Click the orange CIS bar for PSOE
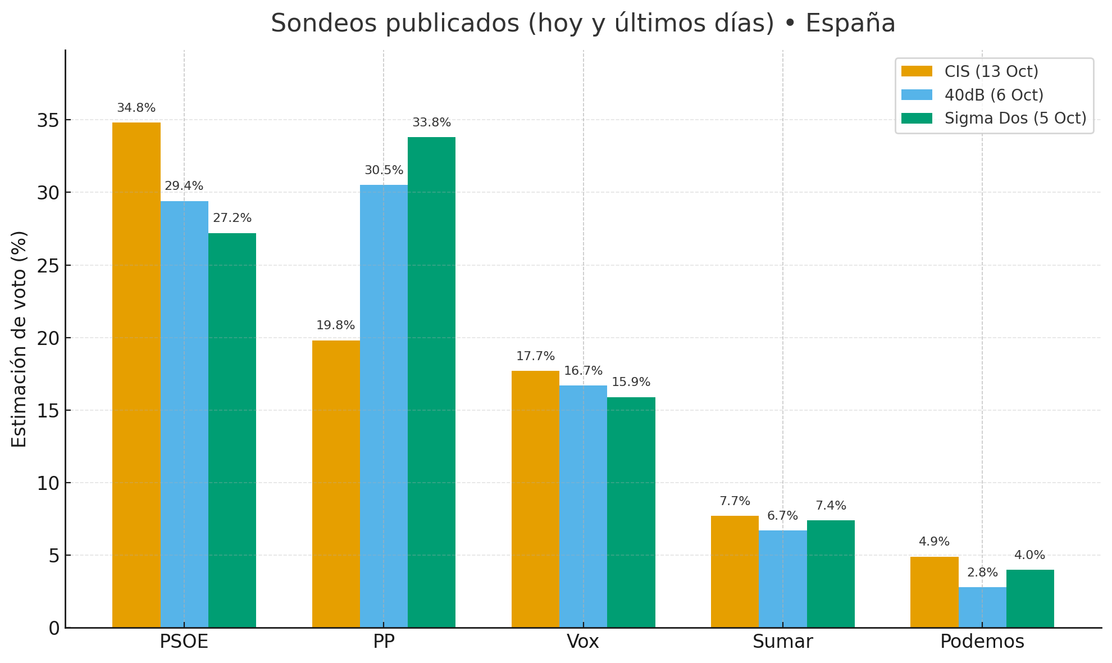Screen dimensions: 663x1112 point(136,375)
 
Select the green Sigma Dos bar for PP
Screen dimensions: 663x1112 point(431,382)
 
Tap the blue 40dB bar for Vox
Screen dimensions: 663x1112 point(583,506)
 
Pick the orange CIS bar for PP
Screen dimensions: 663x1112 point(336,484)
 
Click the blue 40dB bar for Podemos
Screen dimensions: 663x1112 point(982,607)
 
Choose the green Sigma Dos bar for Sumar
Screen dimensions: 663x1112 point(831,574)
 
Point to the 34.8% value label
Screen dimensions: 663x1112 point(136,108)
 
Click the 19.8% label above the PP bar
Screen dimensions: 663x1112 point(336,326)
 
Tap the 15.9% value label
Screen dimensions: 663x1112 point(631,383)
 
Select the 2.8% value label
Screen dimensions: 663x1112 point(982,573)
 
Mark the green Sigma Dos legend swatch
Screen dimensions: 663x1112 point(917,119)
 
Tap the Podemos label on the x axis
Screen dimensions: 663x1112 point(982,642)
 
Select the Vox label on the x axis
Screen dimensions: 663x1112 point(583,642)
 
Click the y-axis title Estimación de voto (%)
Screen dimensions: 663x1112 point(20,339)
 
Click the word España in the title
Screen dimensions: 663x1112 point(850,24)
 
